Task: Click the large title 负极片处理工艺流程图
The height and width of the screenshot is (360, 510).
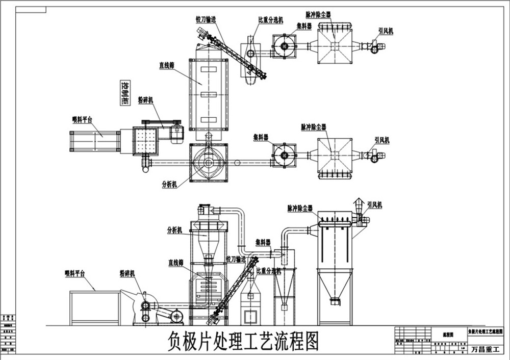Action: click(x=243, y=341)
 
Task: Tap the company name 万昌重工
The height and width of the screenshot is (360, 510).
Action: click(x=487, y=349)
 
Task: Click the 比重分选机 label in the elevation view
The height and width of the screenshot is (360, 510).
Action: click(x=269, y=271)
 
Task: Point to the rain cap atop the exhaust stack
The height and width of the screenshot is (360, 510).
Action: click(x=358, y=201)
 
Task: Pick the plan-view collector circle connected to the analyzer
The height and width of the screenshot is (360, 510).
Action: click(x=284, y=154)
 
